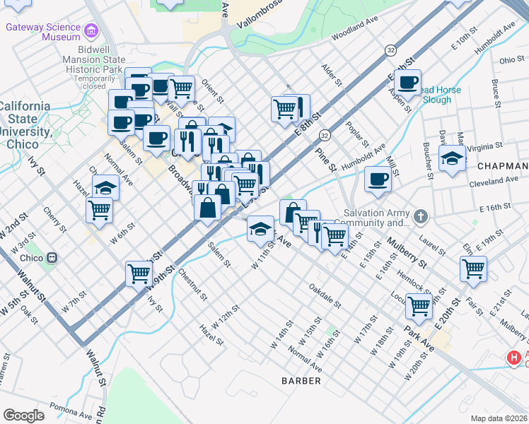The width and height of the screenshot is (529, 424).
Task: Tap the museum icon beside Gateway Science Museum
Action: (90, 31)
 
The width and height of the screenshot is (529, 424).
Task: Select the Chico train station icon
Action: (48, 258)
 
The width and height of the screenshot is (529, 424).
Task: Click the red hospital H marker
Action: (513, 359)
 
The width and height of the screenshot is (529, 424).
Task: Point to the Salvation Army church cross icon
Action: (421, 215)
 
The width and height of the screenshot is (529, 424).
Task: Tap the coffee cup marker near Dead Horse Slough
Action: (408, 83)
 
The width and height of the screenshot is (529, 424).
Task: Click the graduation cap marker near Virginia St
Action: (452, 159)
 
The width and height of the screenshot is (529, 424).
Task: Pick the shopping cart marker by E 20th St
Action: (473, 269)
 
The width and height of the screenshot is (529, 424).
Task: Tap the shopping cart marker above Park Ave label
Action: (419, 306)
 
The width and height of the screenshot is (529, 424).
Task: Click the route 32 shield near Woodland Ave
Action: (390, 49)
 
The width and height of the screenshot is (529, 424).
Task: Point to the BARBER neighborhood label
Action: (301, 381)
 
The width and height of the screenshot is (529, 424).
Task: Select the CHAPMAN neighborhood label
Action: (502, 166)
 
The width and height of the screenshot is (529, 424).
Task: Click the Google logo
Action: (23, 415)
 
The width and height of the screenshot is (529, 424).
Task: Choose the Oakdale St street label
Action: (325, 297)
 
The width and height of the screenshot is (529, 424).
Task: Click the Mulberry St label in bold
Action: (406, 254)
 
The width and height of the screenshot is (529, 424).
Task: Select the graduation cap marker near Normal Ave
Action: (105, 188)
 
